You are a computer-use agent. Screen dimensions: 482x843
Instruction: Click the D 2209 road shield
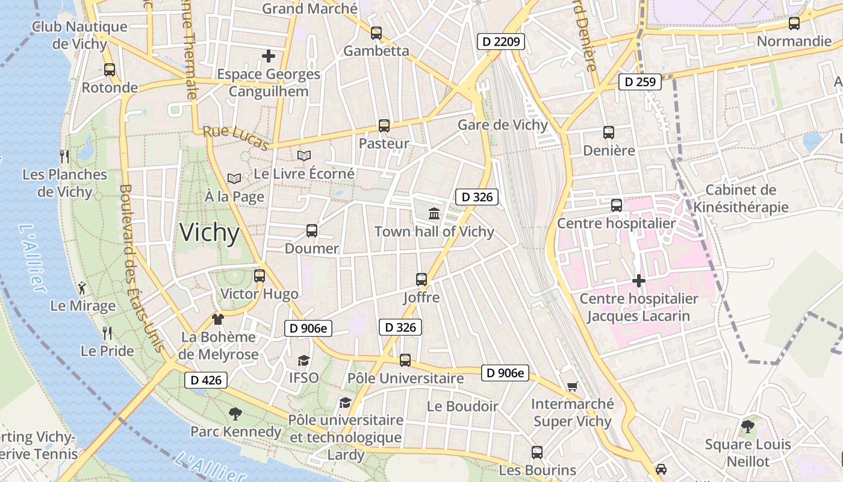pos(501,42)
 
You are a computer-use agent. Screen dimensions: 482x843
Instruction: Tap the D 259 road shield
pos(640,81)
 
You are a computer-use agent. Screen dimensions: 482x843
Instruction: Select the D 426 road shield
pos(206,380)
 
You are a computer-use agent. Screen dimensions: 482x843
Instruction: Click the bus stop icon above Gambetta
pos(376,33)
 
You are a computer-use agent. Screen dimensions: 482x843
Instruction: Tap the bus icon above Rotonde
pos(109,69)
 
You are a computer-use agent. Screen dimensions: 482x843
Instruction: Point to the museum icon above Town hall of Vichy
pos(434,213)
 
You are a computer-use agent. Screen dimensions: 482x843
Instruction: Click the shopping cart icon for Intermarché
pos(572,386)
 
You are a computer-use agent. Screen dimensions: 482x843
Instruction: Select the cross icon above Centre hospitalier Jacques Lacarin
pos(638,281)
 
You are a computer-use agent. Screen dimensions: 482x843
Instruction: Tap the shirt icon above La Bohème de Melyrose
pos(217,319)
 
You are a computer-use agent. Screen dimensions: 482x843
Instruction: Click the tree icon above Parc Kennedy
pos(235,414)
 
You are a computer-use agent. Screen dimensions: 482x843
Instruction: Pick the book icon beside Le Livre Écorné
pos(304,156)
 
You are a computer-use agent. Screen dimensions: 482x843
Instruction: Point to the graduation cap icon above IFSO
pos(303,360)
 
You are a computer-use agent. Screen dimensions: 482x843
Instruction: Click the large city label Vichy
pos(210,233)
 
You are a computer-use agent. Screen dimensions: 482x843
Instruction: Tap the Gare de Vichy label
pos(503,125)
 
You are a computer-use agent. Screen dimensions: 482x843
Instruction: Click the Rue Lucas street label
pos(235,138)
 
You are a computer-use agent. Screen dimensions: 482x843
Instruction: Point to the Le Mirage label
pos(83,305)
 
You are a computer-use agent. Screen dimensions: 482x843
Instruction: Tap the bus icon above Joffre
pos(421,280)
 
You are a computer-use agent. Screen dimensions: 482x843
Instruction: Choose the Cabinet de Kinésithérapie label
pos(741,199)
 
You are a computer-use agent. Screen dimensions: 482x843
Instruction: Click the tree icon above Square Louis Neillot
pos(747,427)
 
